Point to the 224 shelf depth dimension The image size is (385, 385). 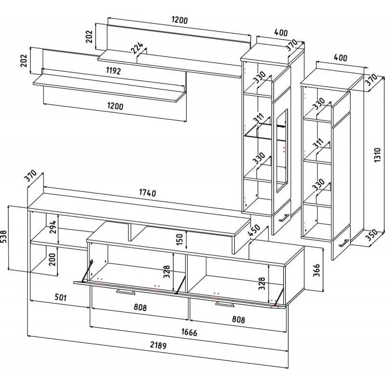(x=138, y=48)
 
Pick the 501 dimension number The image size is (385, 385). (x=58, y=297)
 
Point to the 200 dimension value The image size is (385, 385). (x=53, y=261)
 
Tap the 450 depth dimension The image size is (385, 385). (x=254, y=231)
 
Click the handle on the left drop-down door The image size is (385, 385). (x=127, y=291)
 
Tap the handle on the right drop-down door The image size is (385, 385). (x=225, y=304)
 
